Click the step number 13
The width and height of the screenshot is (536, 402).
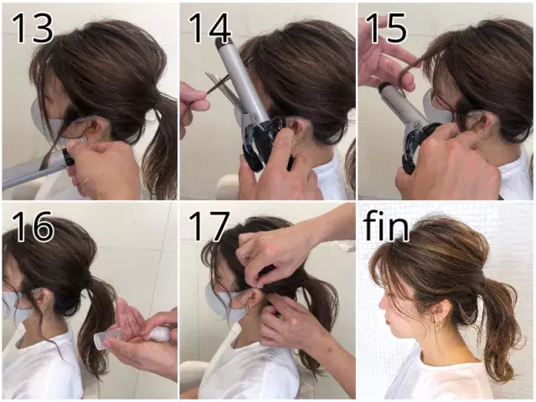pos(33,28)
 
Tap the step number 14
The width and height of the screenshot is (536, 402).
pos(209,28)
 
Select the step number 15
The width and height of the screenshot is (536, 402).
pos(386,28)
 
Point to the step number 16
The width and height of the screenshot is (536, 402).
pos(33,227)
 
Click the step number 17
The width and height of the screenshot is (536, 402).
pos(209,227)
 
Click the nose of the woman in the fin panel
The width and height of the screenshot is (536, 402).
pos(383,301)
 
